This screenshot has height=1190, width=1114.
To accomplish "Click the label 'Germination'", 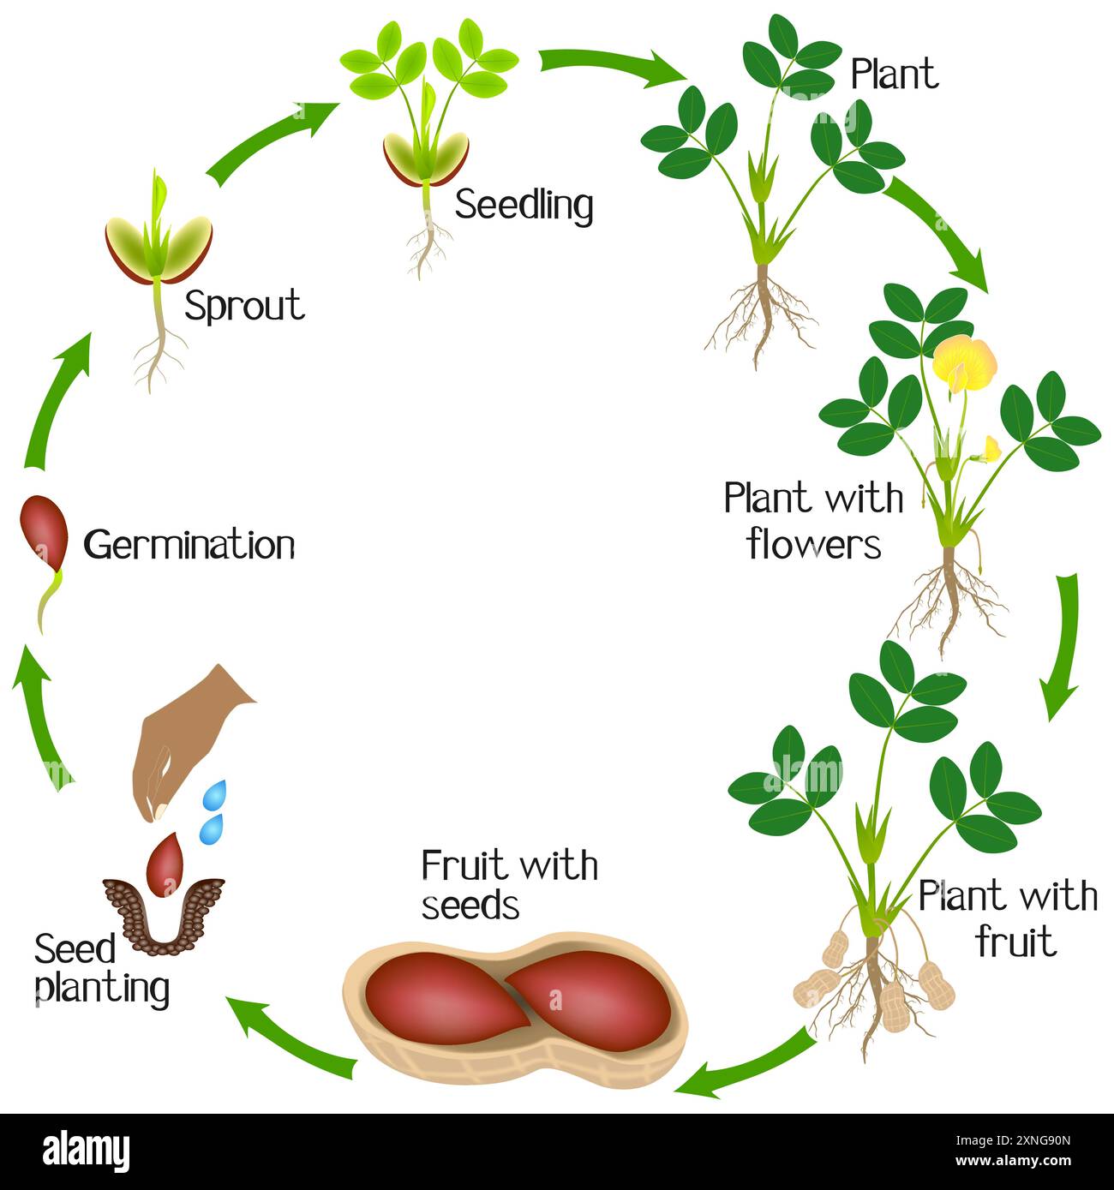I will click(x=189, y=545).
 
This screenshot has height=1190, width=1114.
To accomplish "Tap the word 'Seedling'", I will click(x=524, y=205).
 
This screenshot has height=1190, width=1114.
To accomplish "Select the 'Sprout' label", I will click(x=245, y=306).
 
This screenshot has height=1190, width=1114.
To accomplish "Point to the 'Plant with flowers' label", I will click(x=813, y=520).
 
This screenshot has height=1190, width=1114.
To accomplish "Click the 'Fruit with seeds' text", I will click(x=509, y=885).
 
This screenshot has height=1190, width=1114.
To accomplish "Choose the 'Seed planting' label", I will click(x=101, y=968).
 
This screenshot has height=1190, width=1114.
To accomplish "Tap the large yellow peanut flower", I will click(x=965, y=360).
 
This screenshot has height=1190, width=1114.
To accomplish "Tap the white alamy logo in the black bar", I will click(x=86, y=1151).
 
